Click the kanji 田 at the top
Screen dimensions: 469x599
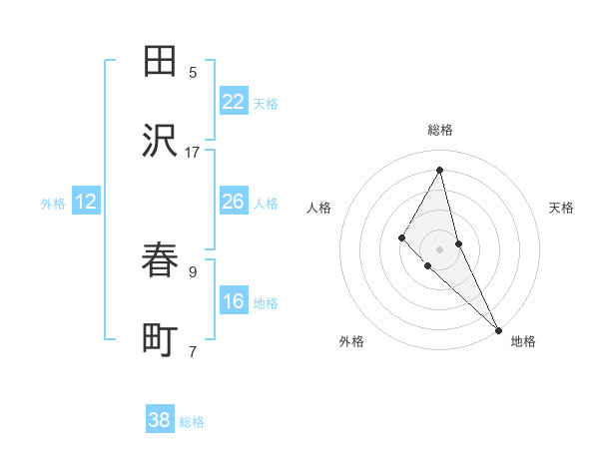[x=160, y=62]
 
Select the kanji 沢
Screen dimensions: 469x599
[x=160, y=141]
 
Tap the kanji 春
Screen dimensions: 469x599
[x=160, y=261]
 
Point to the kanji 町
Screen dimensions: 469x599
[x=160, y=340]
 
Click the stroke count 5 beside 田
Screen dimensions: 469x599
[x=193, y=72]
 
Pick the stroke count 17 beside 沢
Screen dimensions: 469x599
[x=193, y=152]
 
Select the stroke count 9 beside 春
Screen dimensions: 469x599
[x=193, y=270]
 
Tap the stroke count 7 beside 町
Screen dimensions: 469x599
[x=193, y=350]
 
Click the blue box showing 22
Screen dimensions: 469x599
[x=234, y=102]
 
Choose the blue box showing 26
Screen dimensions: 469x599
[x=234, y=202]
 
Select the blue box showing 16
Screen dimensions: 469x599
[x=234, y=301]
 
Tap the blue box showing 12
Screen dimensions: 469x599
[x=86, y=202]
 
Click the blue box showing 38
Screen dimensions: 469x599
[x=160, y=420]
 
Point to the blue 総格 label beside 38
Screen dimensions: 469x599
[x=192, y=422]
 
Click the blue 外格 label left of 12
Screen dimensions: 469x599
[x=53, y=204]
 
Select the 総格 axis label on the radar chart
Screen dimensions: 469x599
[x=440, y=130]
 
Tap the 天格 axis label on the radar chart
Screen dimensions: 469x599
[x=562, y=208]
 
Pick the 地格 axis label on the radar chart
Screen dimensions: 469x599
[x=523, y=342]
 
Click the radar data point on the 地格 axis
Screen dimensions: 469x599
[x=498, y=329]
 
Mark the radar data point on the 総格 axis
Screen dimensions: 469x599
[x=440, y=170]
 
